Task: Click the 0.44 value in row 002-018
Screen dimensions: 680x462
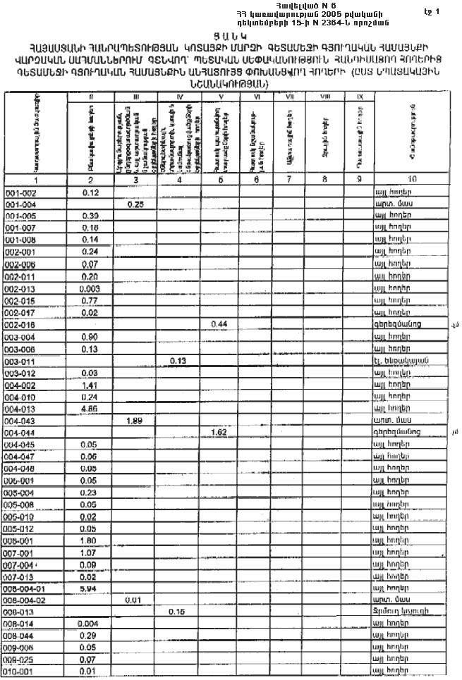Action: (218, 323)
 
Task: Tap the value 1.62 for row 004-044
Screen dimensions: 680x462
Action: (218, 432)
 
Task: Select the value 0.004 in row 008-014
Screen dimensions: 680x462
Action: (90, 624)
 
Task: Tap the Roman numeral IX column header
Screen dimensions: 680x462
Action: (360, 95)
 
